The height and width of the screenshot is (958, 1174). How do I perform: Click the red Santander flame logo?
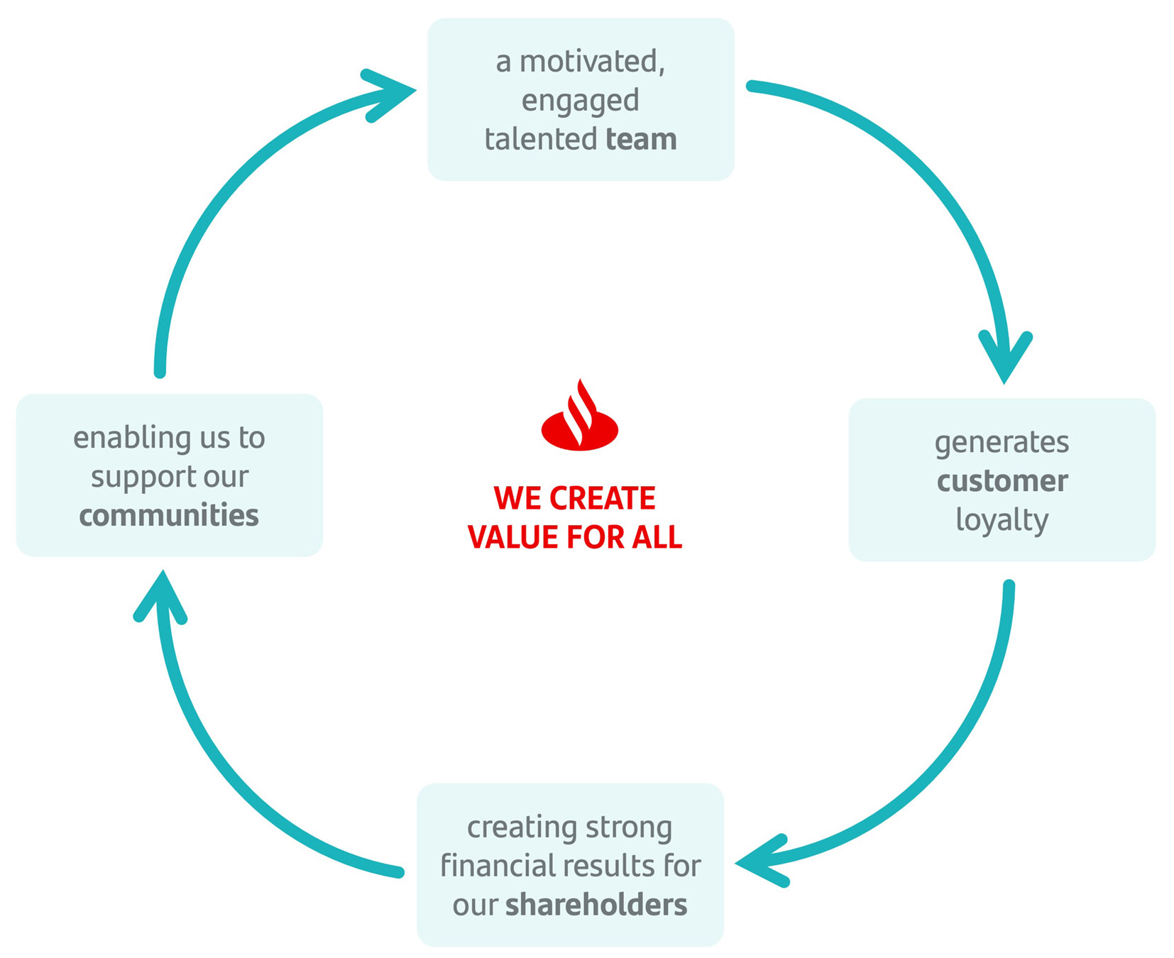[x=579, y=419]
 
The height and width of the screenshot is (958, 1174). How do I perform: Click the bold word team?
[x=641, y=139]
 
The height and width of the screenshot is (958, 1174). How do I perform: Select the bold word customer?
[x=1002, y=481]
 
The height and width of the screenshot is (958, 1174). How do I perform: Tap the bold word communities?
[x=169, y=515]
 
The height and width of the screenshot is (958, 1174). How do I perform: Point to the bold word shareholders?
[x=596, y=905]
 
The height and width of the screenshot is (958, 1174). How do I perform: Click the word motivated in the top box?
[x=592, y=62]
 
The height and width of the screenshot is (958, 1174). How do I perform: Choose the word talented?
[x=540, y=139]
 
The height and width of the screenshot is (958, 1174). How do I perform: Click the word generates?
[x=1002, y=443]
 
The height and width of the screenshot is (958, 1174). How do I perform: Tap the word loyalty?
[x=1002, y=520]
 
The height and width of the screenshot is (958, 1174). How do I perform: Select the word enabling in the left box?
[x=132, y=439]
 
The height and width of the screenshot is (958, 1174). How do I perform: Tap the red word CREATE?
[x=603, y=498]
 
